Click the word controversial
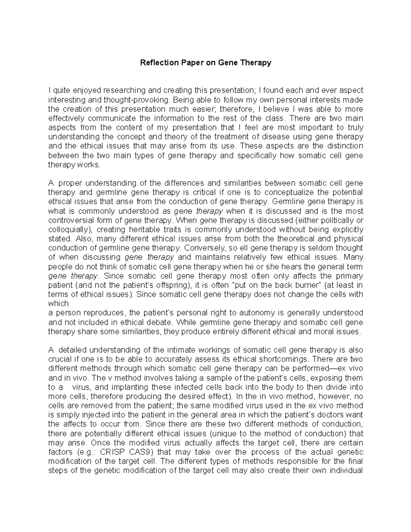[x=70, y=220]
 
